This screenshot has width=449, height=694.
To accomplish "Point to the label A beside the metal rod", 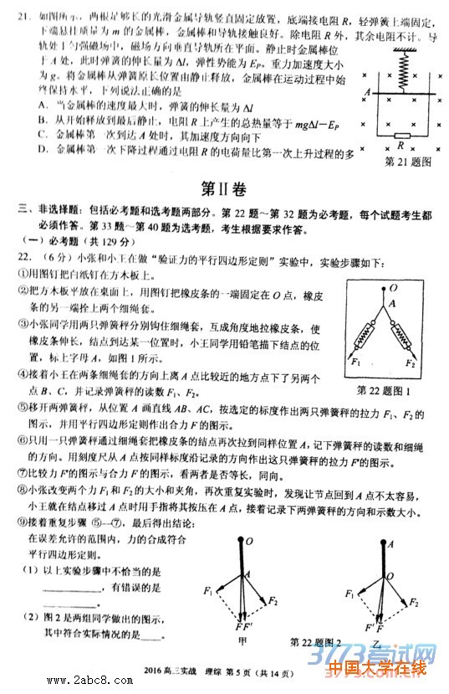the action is [x=367, y=91].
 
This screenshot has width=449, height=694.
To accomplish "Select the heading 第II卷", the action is [x=224, y=187].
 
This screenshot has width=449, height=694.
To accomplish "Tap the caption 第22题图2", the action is [x=315, y=641].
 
